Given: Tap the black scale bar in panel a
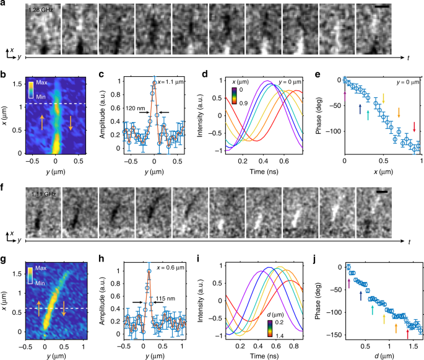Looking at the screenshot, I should (383, 8).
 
